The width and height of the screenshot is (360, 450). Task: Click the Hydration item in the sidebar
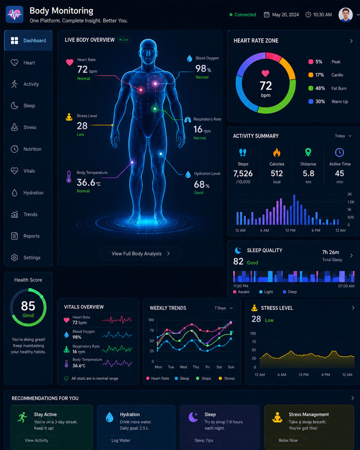(x=27, y=193)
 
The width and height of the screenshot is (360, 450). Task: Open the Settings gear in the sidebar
(x=15, y=257)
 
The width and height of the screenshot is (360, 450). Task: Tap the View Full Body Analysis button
(x=140, y=254)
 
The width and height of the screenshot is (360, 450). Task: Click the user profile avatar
(x=345, y=15)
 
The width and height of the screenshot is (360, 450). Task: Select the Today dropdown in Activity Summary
(x=343, y=136)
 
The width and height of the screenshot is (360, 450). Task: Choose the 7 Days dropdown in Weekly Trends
(x=224, y=308)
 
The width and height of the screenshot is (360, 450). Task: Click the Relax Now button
(x=288, y=440)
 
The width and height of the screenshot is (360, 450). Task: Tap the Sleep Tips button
(x=204, y=440)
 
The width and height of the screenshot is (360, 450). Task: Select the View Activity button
(x=37, y=440)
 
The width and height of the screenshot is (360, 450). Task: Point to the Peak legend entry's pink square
(x=311, y=62)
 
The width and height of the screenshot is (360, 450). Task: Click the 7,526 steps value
(x=243, y=173)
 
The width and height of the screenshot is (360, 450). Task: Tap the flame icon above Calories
(x=277, y=152)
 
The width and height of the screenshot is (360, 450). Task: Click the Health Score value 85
(x=28, y=306)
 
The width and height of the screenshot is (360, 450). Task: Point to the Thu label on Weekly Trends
(x=196, y=367)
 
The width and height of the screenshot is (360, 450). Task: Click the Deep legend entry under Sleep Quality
(x=290, y=292)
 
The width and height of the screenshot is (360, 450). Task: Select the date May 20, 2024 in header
(x=285, y=15)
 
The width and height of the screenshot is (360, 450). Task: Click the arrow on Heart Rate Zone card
(x=352, y=41)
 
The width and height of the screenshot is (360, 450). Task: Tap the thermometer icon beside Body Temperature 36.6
(x=68, y=177)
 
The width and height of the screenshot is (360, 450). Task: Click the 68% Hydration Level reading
(x=202, y=184)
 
